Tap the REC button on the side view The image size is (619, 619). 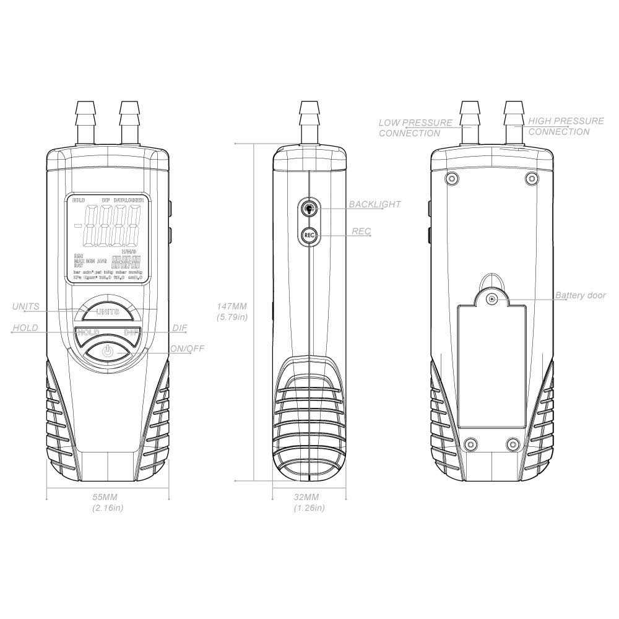click(308, 236)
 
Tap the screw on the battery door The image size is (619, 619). click(491, 300)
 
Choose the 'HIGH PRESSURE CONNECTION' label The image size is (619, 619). click(566, 126)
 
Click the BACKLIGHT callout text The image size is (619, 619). click(374, 204)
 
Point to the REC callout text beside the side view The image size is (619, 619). click(361, 232)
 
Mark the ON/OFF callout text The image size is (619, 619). click(187, 348)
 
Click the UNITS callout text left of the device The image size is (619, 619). click(25, 306)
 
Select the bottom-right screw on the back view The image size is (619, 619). click(512, 443)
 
